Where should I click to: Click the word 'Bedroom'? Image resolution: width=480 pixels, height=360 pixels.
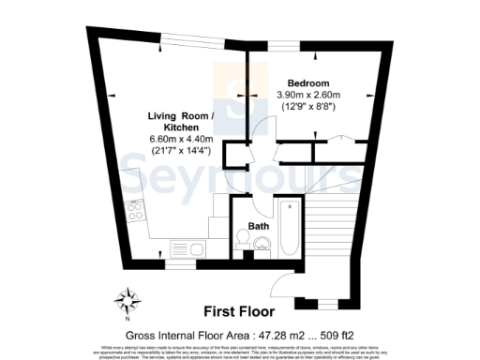click(307, 82)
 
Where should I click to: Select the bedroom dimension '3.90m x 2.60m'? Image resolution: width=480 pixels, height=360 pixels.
click(307, 95)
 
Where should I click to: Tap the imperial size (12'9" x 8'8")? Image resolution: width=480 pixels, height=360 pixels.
click(307, 108)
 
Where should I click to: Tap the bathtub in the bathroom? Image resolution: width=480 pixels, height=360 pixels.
click(286, 229)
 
